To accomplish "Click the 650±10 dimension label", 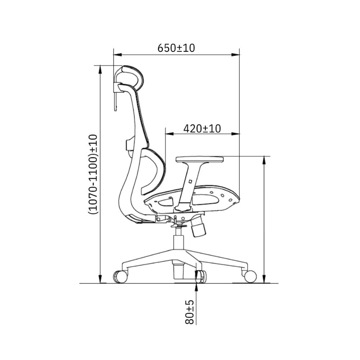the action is pos(176,48).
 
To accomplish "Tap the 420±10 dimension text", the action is pos(202,129).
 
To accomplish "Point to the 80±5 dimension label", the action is pos(189,312).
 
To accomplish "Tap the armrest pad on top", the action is pos(199,159).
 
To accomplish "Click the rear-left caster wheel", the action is pos(120,276).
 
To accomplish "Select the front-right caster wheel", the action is pos(250,276).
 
